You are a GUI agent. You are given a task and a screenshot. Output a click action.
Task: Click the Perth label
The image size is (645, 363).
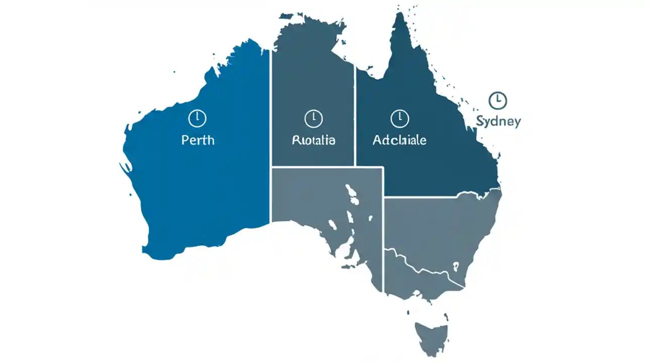(x=198, y=140)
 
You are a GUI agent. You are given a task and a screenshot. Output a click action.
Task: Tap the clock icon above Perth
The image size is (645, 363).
(x=197, y=118)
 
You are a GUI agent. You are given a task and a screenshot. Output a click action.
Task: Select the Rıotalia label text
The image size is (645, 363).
(x=313, y=140)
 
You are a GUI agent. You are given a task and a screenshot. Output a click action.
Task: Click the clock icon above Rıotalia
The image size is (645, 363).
(x=313, y=118)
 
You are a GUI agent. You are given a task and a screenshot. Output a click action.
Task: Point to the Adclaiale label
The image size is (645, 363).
(x=399, y=140)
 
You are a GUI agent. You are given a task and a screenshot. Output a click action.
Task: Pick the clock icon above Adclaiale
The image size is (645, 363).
(x=399, y=118)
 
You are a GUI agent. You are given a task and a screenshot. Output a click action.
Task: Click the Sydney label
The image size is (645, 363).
(x=498, y=122)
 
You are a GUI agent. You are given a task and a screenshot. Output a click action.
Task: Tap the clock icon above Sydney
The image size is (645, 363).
(x=498, y=100)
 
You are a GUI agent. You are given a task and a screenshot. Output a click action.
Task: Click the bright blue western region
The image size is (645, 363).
(x=202, y=192)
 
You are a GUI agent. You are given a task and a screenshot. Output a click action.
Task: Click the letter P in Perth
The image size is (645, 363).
(x=184, y=140)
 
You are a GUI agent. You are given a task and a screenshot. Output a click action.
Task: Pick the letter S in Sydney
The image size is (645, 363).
(x=480, y=121)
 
